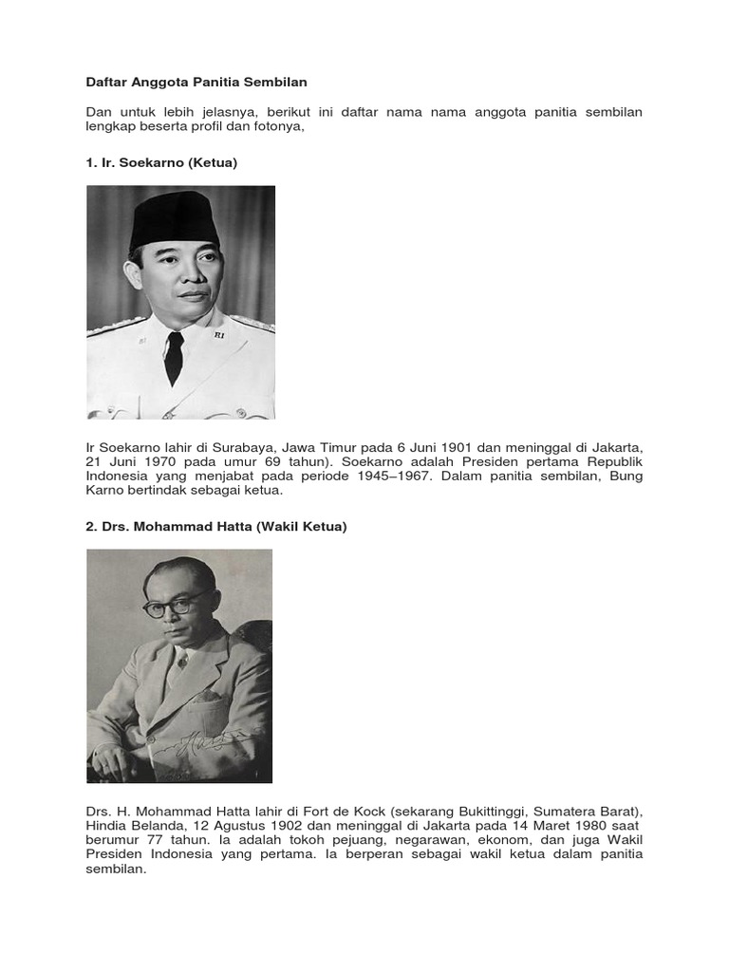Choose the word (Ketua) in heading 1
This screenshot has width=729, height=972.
click(x=213, y=162)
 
